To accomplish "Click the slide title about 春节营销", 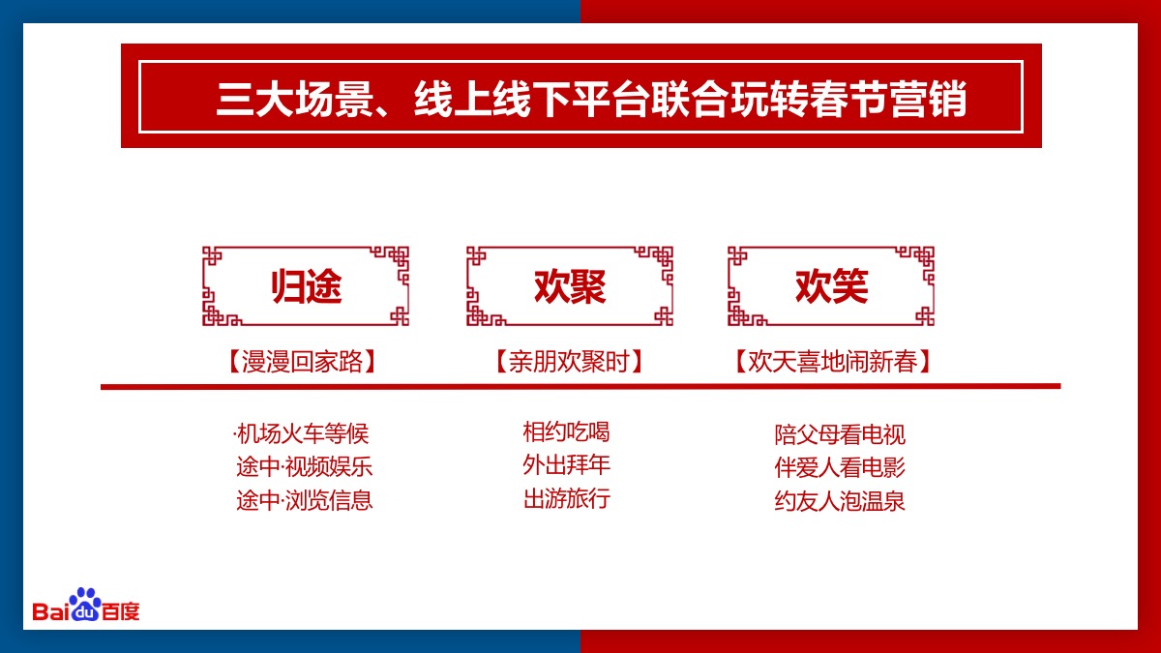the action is [x=591, y=99].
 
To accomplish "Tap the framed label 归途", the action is [x=307, y=286].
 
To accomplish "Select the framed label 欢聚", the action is [x=570, y=286].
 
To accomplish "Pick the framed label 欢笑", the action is [x=831, y=286].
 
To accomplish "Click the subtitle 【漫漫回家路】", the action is [x=302, y=361].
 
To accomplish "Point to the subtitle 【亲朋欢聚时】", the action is [x=569, y=361].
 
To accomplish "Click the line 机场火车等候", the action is [x=302, y=433].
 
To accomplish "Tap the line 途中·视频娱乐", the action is [x=304, y=467].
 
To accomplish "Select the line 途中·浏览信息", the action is [x=304, y=500].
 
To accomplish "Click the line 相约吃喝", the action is [x=567, y=431].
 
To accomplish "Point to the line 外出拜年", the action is [x=567, y=465].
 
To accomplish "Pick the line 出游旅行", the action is [x=567, y=498].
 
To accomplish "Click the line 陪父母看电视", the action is [x=840, y=434].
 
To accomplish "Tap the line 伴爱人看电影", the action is [x=840, y=467].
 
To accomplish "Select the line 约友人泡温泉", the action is [x=840, y=501].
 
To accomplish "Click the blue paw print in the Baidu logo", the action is [x=85, y=604].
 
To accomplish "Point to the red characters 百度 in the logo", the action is [x=121, y=612].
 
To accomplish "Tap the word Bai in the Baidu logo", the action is [x=50, y=611].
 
